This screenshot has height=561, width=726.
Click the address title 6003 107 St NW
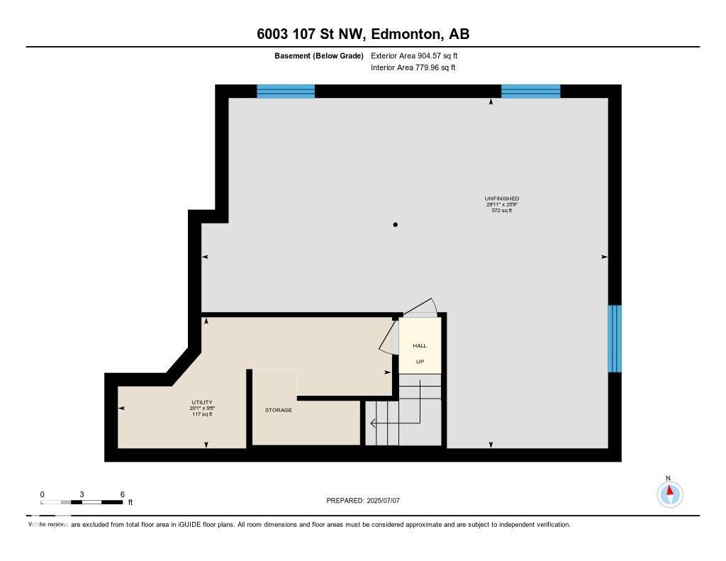[362, 34]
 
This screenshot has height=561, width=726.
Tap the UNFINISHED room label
[501, 199]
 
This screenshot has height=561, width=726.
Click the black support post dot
[396, 225]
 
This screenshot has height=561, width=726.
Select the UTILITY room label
[202, 402]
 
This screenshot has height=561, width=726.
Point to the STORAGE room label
[279, 410]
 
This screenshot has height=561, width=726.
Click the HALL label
[420, 346]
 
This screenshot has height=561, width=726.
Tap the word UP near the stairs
[420, 362]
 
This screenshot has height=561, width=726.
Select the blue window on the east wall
[615, 338]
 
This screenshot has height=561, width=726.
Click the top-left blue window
[285, 91]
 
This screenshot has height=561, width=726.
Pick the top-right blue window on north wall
[530, 91]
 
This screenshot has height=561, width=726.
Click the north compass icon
[669, 493]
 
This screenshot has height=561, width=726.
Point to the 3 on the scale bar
[82, 494]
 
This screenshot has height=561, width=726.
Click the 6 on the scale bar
[123, 494]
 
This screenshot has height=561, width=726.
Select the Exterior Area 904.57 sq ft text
[419, 55]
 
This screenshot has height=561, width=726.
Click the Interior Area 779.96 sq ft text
[413, 68]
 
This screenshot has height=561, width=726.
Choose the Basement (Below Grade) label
[319, 55]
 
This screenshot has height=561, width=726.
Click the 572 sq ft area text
[501, 211]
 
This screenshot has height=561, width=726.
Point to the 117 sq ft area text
[202, 414]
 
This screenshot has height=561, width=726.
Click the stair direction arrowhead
[373, 424]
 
